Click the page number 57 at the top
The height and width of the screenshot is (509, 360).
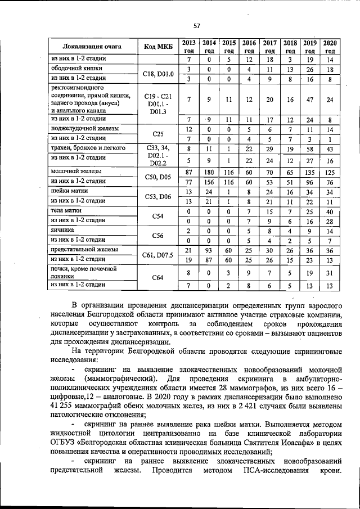(x=197, y=25)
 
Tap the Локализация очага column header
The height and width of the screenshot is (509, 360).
(x=92, y=46)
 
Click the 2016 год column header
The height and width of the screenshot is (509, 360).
(x=249, y=46)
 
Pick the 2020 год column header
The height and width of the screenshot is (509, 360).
(x=330, y=46)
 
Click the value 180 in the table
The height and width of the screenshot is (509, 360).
(x=209, y=171)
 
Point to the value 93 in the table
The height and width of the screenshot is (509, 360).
(x=209, y=250)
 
